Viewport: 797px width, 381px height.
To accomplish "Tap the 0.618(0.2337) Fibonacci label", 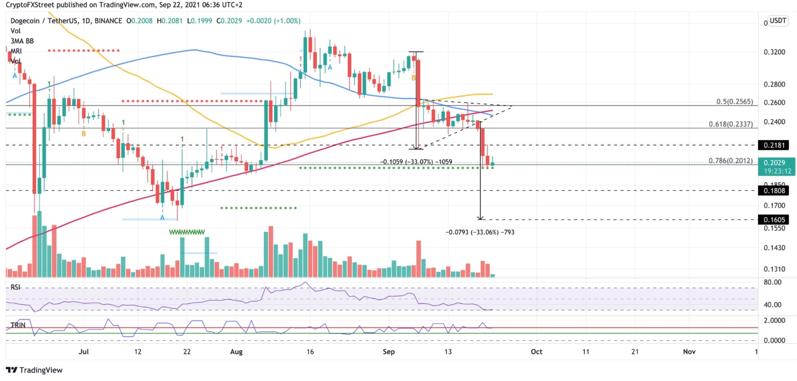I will [730, 124].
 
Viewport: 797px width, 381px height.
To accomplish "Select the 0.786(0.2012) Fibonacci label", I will [730, 161].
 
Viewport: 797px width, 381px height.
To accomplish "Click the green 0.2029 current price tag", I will [776, 162].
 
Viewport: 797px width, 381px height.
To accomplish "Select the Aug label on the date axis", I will [236, 351].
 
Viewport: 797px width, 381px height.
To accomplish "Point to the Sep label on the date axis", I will [389, 351].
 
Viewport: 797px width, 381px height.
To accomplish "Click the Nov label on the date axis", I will [689, 351].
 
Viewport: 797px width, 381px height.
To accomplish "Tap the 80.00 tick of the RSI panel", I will [773, 283].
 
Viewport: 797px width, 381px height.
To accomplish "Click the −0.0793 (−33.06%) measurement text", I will [480, 232].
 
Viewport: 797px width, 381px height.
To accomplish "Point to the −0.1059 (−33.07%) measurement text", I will [416, 162].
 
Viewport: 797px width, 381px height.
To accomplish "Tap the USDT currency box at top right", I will [778, 21].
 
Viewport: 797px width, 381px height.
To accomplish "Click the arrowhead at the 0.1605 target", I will [481, 218].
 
